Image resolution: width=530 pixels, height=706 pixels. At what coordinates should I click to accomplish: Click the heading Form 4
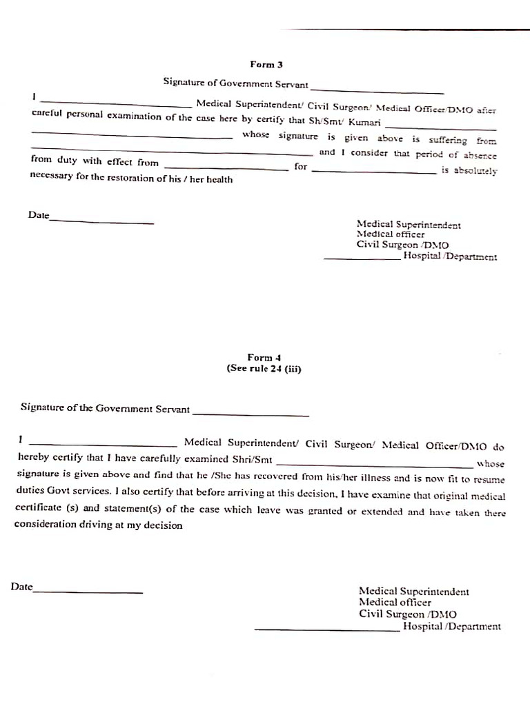click(x=264, y=357)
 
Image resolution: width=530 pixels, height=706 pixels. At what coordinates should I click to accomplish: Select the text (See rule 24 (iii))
click(x=264, y=368)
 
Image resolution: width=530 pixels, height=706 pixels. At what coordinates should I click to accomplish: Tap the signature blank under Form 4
click(x=251, y=414)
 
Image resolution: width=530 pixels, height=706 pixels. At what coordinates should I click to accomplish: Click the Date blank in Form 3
click(x=101, y=221)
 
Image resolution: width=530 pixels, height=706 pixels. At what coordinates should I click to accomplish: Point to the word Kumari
click(x=364, y=122)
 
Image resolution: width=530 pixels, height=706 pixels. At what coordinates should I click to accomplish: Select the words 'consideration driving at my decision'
click(x=98, y=525)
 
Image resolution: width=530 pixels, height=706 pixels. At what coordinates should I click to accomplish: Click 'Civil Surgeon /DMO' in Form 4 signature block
click(x=407, y=614)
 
